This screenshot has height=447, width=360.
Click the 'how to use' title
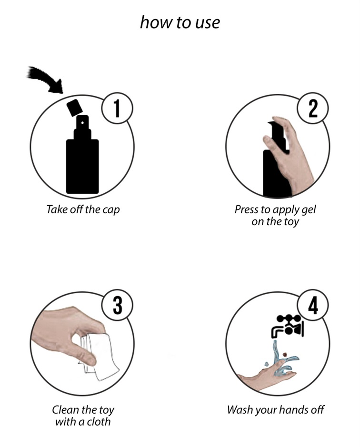pyautogui.click(x=180, y=22)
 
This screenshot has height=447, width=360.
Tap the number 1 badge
pyautogui.click(x=117, y=108)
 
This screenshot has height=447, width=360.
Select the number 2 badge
pyautogui.click(x=313, y=108)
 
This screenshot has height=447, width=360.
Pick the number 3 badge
pyautogui.click(x=117, y=305)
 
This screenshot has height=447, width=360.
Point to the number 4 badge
pyautogui.click(x=313, y=305)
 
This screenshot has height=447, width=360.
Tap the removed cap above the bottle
pyautogui.click(x=74, y=107)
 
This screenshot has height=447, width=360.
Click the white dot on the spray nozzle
pyautogui.click(x=82, y=123)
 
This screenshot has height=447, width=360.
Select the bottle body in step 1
pyautogui.click(x=82, y=166)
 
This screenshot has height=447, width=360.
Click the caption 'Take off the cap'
pyautogui.click(x=83, y=209)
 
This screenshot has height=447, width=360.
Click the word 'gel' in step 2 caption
pyautogui.click(x=309, y=209)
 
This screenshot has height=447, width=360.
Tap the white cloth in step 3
pyautogui.click(x=100, y=357)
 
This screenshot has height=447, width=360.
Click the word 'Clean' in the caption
pyautogui.click(x=66, y=410)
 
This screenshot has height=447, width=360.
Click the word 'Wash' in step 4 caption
pyautogui.click(x=240, y=410)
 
